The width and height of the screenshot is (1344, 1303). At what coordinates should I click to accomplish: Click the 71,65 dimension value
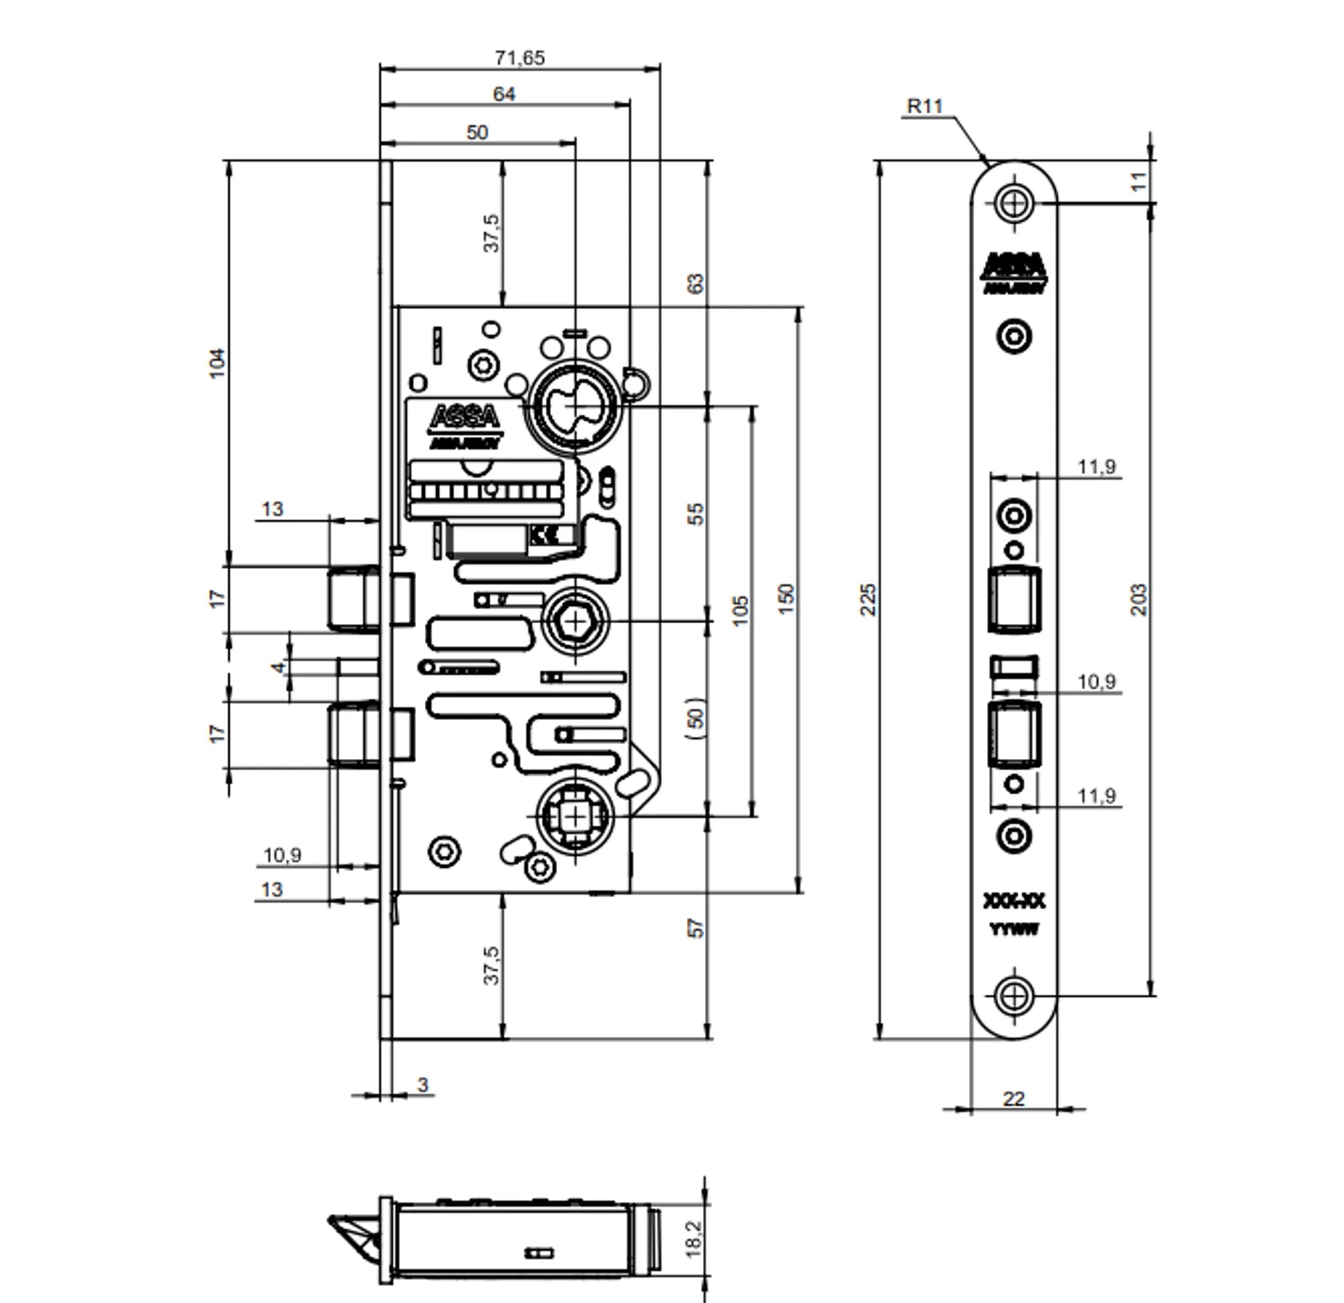coord(520,57)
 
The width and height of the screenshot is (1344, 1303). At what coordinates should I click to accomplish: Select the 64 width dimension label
coord(504,94)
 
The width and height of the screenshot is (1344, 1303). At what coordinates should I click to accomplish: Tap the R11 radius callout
coord(925,106)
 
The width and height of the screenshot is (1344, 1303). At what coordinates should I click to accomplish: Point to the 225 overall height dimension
coord(868,599)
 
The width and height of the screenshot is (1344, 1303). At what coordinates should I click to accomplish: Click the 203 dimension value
coord(1139,599)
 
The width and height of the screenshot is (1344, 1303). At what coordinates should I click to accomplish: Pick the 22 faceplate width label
coord(1013,1099)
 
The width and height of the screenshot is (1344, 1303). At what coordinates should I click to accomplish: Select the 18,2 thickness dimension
coord(694,1239)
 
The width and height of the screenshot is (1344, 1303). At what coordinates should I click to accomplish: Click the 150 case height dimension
coord(786,599)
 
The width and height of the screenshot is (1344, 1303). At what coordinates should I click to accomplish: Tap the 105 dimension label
coord(740,610)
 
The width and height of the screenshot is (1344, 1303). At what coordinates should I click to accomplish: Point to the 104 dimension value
coord(217,363)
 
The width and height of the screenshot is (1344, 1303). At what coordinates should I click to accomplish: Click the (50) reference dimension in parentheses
coord(695,718)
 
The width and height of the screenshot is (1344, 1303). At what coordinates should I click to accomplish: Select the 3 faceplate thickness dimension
coord(423,1084)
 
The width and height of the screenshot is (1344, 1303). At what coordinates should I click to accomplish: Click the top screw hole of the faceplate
coord(1014,202)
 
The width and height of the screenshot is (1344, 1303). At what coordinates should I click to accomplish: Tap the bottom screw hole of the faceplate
coord(1014,996)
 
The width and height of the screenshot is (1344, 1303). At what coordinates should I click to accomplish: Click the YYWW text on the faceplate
coord(1014,930)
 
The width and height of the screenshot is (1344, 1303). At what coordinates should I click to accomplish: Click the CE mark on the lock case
coord(541,534)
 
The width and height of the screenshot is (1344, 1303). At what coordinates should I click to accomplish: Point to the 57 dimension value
coord(695,928)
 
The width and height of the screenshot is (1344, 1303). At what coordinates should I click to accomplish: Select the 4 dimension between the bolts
coord(279,666)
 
